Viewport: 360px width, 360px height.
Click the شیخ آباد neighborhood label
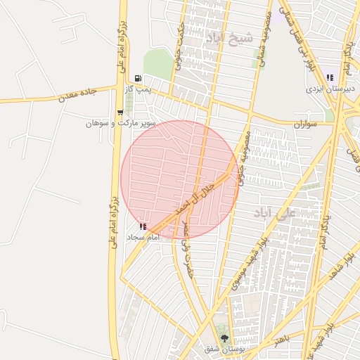[x=229, y=37]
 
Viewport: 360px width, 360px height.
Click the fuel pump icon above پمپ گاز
[x=138, y=78]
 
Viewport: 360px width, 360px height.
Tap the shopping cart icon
[x=120, y=112]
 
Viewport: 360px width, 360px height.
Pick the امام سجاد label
[x=144, y=238]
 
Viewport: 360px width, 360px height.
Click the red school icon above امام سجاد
[x=143, y=226]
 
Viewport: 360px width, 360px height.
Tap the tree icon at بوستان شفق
[x=224, y=338]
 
